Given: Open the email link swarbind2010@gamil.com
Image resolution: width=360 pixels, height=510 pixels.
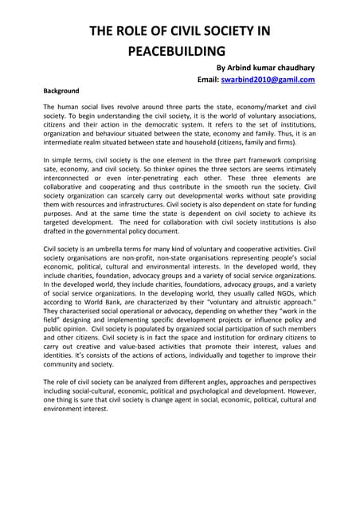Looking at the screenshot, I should coord(272,80).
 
